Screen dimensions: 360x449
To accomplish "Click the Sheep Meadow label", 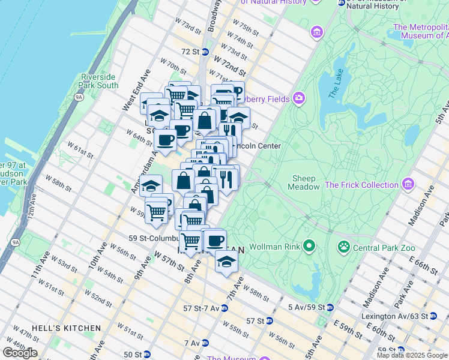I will point(306,182).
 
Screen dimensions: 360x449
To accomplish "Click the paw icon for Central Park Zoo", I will point(344,245).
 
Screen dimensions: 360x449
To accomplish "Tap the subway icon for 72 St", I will point(205,52).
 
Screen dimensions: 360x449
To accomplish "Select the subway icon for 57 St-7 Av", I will point(224,308).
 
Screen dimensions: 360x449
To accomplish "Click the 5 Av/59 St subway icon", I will point(329,307).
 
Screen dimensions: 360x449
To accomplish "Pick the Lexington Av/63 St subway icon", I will point(433,316).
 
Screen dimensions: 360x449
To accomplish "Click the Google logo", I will point(20,353).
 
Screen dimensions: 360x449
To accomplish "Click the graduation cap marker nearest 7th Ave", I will point(226,262).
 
